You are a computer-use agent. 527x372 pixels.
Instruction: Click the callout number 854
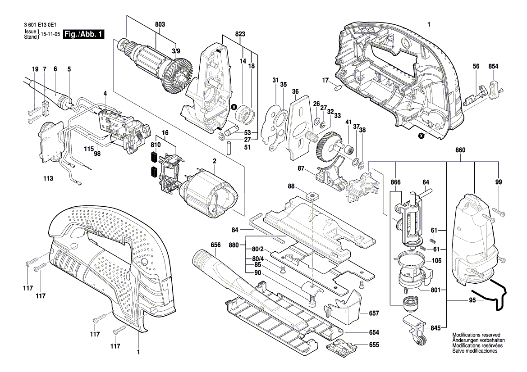(493, 66)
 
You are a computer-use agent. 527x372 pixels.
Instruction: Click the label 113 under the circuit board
(48, 179)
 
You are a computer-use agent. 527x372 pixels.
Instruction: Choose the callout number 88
(291, 186)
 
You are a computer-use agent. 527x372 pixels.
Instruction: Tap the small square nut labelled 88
(310, 196)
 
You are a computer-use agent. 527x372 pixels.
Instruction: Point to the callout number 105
(436, 261)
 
